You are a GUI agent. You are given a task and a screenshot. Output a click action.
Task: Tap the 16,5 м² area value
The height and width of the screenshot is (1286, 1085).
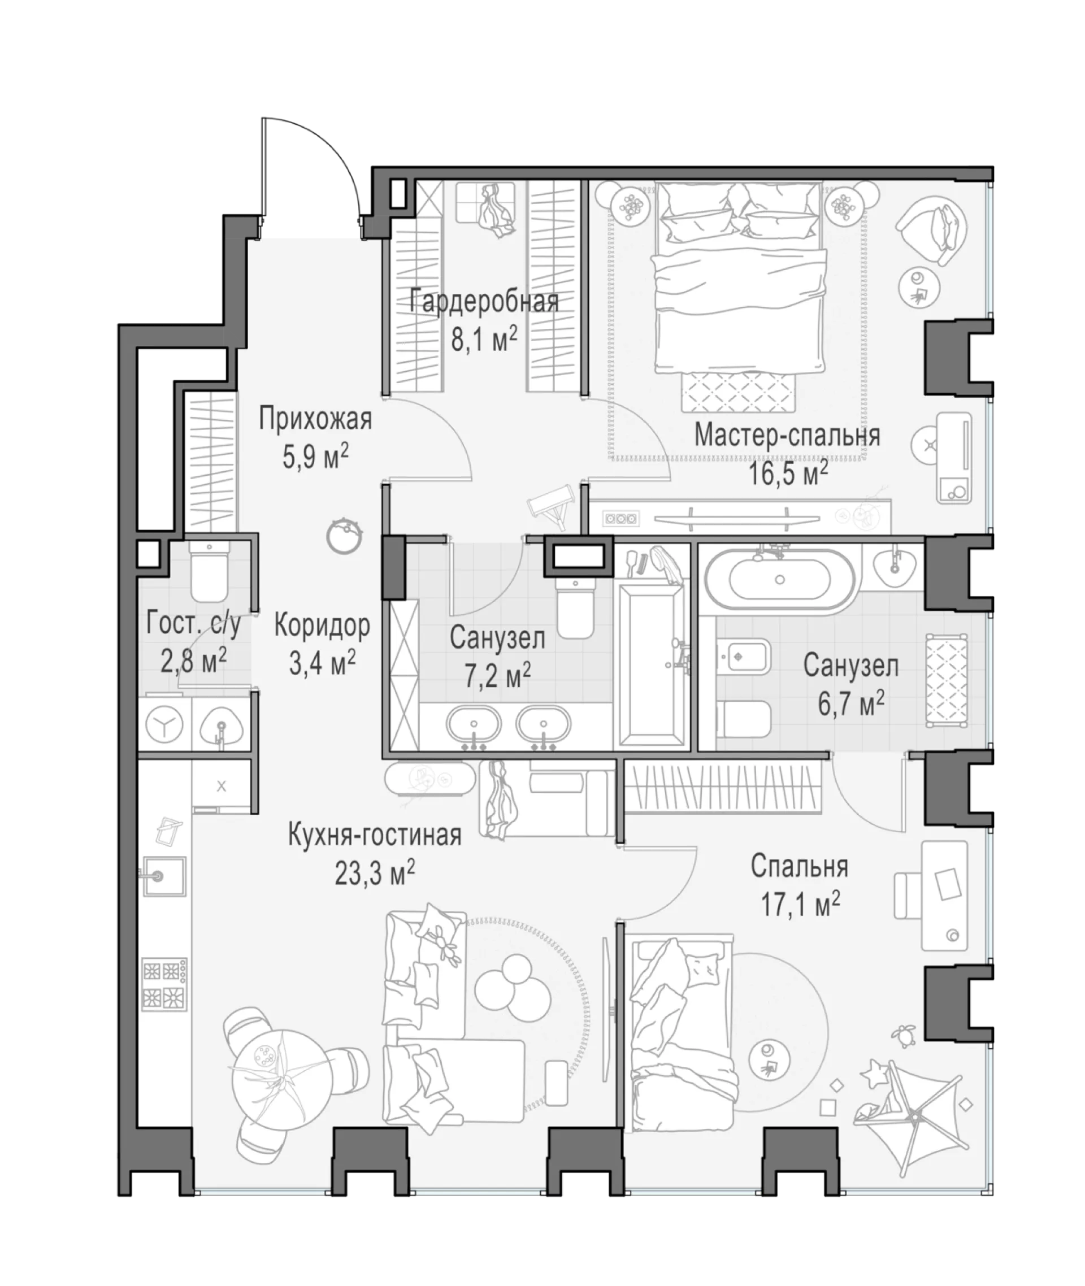click(x=788, y=473)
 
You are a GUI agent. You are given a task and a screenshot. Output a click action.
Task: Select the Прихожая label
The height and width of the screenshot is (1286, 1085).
click(x=315, y=419)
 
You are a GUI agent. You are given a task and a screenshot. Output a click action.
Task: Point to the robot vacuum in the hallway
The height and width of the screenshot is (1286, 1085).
click(x=344, y=536)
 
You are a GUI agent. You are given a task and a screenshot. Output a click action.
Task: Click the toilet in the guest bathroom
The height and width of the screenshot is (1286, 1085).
click(x=209, y=572)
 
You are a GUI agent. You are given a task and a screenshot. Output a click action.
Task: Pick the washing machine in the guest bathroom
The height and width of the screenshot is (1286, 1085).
click(x=164, y=724)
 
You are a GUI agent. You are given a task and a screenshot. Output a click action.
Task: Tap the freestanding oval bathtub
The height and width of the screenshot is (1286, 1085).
click(x=779, y=580)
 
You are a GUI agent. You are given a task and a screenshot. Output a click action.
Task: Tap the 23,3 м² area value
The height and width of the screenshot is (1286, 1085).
click(x=375, y=873)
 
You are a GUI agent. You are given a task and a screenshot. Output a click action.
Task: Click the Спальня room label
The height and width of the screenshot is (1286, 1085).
click(x=799, y=867)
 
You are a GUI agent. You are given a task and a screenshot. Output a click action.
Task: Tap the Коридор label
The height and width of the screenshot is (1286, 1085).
click(x=322, y=626)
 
